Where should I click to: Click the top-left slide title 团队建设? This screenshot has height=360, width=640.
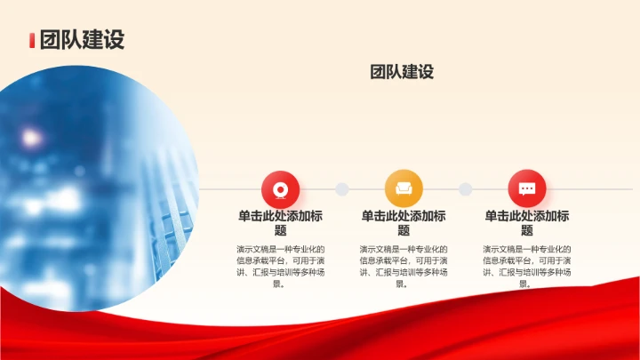pyautogui.click(x=81, y=40)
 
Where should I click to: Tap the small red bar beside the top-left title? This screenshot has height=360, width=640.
pyautogui.click(x=32, y=41)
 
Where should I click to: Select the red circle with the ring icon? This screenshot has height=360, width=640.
pyautogui.click(x=280, y=189)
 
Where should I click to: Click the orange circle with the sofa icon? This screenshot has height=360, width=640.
pyautogui.click(x=404, y=189)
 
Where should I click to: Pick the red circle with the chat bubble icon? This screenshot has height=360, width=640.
pyautogui.click(x=527, y=189)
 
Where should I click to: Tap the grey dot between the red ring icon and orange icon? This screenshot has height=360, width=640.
pyautogui.click(x=341, y=189)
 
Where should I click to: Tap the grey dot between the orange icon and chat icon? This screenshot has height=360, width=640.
pyautogui.click(x=465, y=189)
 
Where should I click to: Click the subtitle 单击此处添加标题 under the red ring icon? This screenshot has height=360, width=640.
pyautogui.click(x=280, y=223)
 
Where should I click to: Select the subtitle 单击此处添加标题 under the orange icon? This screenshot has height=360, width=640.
pyautogui.click(x=404, y=223)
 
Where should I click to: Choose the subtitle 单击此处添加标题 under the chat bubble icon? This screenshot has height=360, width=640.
pyautogui.click(x=527, y=223)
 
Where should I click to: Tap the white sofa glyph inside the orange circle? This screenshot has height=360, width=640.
pyautogui.click(x=404, y=189)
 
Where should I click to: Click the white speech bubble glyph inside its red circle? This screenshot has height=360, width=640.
pyautogui.click(x=527, y=189)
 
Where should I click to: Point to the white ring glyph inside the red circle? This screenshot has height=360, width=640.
pyautogui.click(x=280, y=189)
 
